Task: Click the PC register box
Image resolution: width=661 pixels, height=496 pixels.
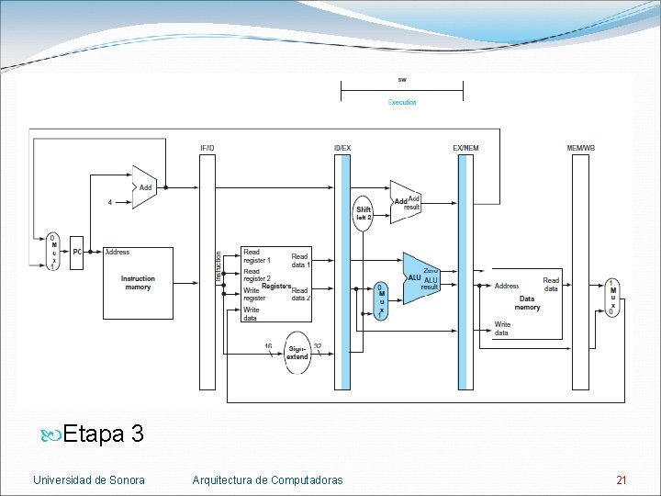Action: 77,252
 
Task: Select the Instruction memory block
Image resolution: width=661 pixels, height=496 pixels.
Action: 138,283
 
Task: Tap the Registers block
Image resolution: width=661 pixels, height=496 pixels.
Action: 275,284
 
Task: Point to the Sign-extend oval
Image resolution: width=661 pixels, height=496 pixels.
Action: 297,352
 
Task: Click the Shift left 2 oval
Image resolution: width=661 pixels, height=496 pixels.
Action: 364,212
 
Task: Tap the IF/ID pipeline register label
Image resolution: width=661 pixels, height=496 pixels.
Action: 207,148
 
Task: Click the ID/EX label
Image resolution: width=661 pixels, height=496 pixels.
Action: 342,148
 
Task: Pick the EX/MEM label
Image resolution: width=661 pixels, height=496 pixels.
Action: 465,148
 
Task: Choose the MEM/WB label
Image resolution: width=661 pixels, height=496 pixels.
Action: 580,148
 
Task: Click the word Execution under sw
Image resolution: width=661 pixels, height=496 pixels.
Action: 402,103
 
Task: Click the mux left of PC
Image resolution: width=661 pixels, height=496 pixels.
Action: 53,252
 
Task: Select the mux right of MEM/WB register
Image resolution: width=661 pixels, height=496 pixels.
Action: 612,298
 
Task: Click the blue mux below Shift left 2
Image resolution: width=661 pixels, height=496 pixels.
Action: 381,301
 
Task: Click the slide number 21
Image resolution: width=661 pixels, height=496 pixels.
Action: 622,480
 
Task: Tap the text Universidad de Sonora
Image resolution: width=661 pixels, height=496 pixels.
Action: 88,480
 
